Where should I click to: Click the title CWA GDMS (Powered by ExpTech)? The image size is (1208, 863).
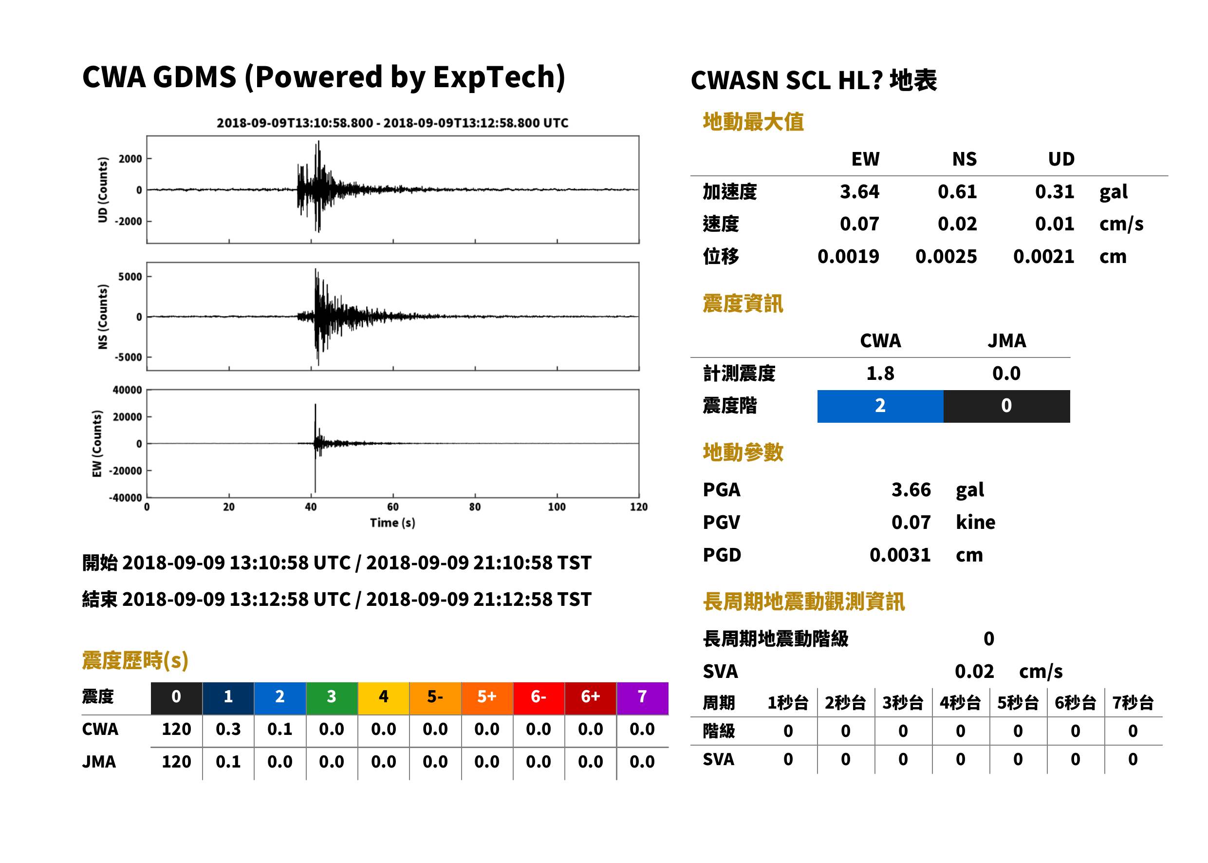tap(323, 77)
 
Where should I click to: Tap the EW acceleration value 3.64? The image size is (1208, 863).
tap(859, 191)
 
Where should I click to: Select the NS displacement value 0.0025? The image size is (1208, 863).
tap(946, 257)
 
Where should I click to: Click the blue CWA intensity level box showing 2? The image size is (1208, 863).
tap(880, 406)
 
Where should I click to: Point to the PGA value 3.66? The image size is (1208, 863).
tap(911, 489)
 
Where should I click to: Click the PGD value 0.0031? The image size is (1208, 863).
tap(900, 555)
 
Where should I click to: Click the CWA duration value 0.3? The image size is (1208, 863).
tap(228, 729)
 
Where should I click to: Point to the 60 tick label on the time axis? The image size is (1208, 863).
tap(392, 507)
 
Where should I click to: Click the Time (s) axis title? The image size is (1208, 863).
tap(392, 523)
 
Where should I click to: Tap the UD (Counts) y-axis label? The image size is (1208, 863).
tap(103, 190)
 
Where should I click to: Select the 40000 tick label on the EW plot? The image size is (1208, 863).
tap(127, 390)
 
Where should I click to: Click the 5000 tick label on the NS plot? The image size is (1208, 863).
tap(130, 277)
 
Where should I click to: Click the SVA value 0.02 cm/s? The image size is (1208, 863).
tap(1008, 671)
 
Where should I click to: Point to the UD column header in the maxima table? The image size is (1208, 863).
tap(1061, 159)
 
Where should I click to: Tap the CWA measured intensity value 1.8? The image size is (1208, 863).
tap(880, 374)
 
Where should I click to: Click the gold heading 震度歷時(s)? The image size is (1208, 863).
tap(135, 660)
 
